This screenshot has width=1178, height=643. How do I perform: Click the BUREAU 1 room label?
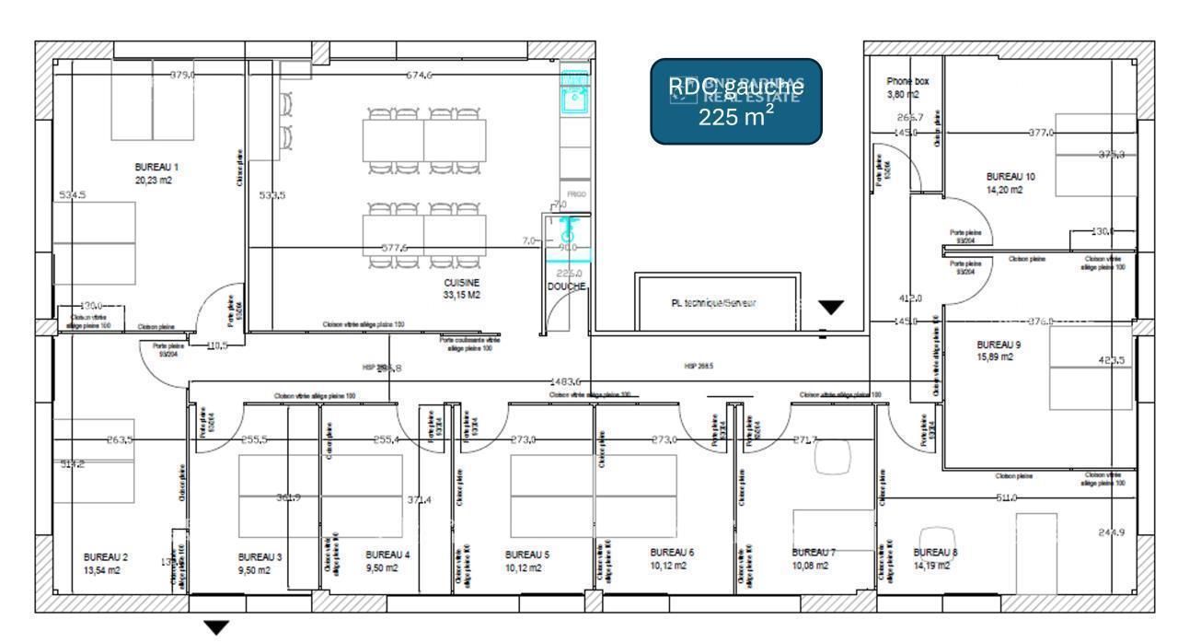point(156,168)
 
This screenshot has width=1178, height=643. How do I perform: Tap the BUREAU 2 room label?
point(105,557)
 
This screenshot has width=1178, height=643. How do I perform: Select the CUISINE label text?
point(461,283)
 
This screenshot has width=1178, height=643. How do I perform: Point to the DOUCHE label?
point(566,286)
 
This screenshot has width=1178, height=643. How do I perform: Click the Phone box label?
point(907,81)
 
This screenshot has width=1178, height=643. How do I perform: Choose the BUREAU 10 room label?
point(1011,176)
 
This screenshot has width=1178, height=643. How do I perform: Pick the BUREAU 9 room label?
point(999,345)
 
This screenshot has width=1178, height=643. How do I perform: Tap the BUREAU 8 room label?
point(935,553)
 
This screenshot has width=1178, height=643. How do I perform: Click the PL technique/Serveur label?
point(714,303)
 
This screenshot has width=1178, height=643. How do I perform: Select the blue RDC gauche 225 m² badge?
point(735,101)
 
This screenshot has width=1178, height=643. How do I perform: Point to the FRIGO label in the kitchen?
point(576,194)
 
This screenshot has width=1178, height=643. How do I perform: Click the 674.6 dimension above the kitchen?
point(420,76)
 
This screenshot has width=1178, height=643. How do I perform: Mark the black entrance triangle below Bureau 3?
point(216,628)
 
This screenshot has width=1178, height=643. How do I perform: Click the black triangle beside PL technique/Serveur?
point(831,308)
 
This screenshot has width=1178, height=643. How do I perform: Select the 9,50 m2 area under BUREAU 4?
point(382,568)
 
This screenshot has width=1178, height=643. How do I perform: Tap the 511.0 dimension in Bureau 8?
point(1007,498)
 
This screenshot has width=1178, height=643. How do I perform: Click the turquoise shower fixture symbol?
point(568,229)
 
